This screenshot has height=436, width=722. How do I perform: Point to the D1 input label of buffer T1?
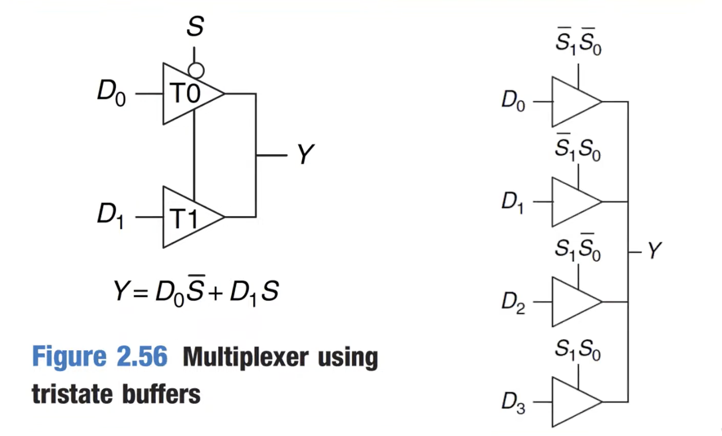coord(110,217)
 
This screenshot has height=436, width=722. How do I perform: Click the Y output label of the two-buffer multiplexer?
coord(305,155)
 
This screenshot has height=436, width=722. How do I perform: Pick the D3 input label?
coord(513,403)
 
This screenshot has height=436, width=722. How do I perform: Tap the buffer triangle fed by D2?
coord(574,302)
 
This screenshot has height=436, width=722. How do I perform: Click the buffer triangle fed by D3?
coord(574,401)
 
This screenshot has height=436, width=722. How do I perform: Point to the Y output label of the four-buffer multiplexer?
coord(653,251)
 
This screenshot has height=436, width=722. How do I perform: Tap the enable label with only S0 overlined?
coord(578,249)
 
